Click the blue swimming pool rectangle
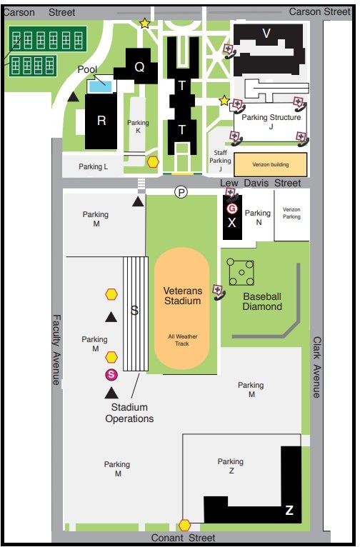100,86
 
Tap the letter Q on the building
139,66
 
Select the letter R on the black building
101,121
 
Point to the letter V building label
266,34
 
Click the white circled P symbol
181,192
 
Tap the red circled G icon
232,209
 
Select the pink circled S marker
111,375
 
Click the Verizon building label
271,164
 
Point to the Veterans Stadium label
182,296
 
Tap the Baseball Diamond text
262,301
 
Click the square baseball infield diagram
241,272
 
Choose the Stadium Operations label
129,413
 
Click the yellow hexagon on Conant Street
184,525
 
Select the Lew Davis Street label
260,183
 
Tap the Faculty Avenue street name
56,349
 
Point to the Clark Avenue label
316,367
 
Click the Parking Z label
231,466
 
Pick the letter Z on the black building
289,510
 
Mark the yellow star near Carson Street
145,24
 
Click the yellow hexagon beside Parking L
153,162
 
